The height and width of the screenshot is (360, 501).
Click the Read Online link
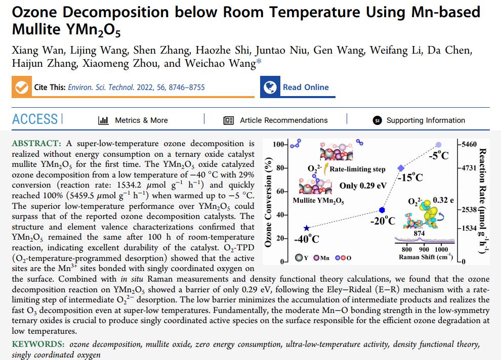pos(305,87)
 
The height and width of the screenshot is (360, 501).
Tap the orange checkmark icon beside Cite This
pos(21,87)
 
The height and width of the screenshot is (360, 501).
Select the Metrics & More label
pos(141,120)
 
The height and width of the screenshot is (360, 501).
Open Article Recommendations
pos(283,120)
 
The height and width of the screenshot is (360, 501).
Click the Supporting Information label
pos(425,120)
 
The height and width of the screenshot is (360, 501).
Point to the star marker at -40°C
pos(306,228)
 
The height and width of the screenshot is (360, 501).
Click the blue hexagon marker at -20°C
pos(382,210)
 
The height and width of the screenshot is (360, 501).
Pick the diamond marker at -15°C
pos(401,168)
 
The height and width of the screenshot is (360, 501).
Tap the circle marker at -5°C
pos(438,145)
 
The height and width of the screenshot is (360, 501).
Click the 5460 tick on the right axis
pos(468,145)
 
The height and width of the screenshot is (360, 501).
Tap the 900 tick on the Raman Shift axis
pos(424,250)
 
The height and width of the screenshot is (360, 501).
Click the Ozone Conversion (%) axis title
pos(268,202)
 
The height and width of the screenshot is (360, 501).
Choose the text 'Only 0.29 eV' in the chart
pos(363,186)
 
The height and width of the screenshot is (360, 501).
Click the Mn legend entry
pos(321,258)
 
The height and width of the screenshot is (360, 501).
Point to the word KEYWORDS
pos(38,344)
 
